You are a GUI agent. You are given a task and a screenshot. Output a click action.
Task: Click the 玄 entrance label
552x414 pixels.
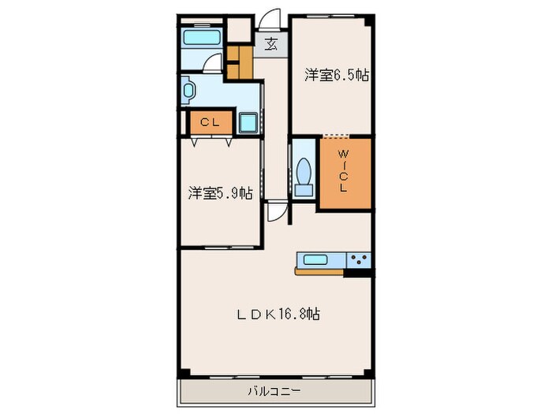pyautogui.click(x=270, y=44)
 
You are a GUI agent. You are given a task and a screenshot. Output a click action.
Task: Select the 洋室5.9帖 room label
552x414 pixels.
pyautogui.click(x=220, y=192)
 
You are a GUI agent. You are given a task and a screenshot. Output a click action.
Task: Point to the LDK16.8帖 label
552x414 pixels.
pyautogui.click(x=280, y=314)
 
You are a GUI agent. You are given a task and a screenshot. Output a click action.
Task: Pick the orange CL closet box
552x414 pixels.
pyautogui.click(x=210, y=122)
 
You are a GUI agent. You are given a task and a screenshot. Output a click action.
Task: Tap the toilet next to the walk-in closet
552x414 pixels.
pyautogui.click(x=304, y=171)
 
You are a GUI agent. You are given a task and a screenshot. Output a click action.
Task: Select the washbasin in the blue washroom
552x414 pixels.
pyautogui.click(x=188, y=91)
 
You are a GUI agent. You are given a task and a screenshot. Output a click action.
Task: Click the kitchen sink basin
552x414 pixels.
pyautogui.click(x=318, y=259)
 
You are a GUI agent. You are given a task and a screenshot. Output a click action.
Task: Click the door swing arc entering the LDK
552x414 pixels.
pyautogui.click(x=276, y=211)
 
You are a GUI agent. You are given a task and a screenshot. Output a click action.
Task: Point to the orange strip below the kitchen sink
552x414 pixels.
pyautogui.click(x=319, y=272)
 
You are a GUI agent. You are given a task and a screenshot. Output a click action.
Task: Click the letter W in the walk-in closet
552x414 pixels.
pyautogui.click(x=344, y=154)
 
